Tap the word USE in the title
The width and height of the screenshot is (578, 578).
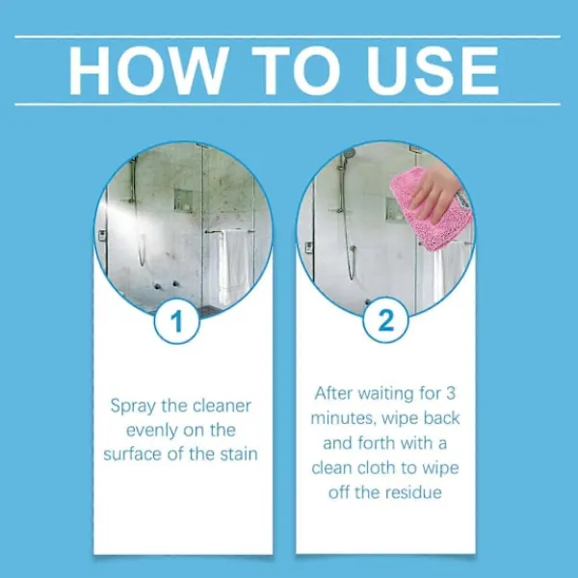[433, 70]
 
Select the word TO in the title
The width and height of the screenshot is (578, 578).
[296, 70]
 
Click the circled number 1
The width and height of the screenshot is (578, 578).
[177, 321]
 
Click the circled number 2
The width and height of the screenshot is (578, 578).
[386, 320]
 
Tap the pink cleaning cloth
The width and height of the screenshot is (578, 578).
[432, 209]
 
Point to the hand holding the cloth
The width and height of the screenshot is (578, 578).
[435, 195]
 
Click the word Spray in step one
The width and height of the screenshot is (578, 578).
[133, 407]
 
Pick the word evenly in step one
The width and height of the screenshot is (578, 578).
[152, 431]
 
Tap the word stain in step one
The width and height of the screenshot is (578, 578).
[239, 454]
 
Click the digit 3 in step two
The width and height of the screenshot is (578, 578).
[451, 394]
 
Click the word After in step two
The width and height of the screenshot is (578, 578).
[333, 394]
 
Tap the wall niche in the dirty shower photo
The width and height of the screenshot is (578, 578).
[183, 200]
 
